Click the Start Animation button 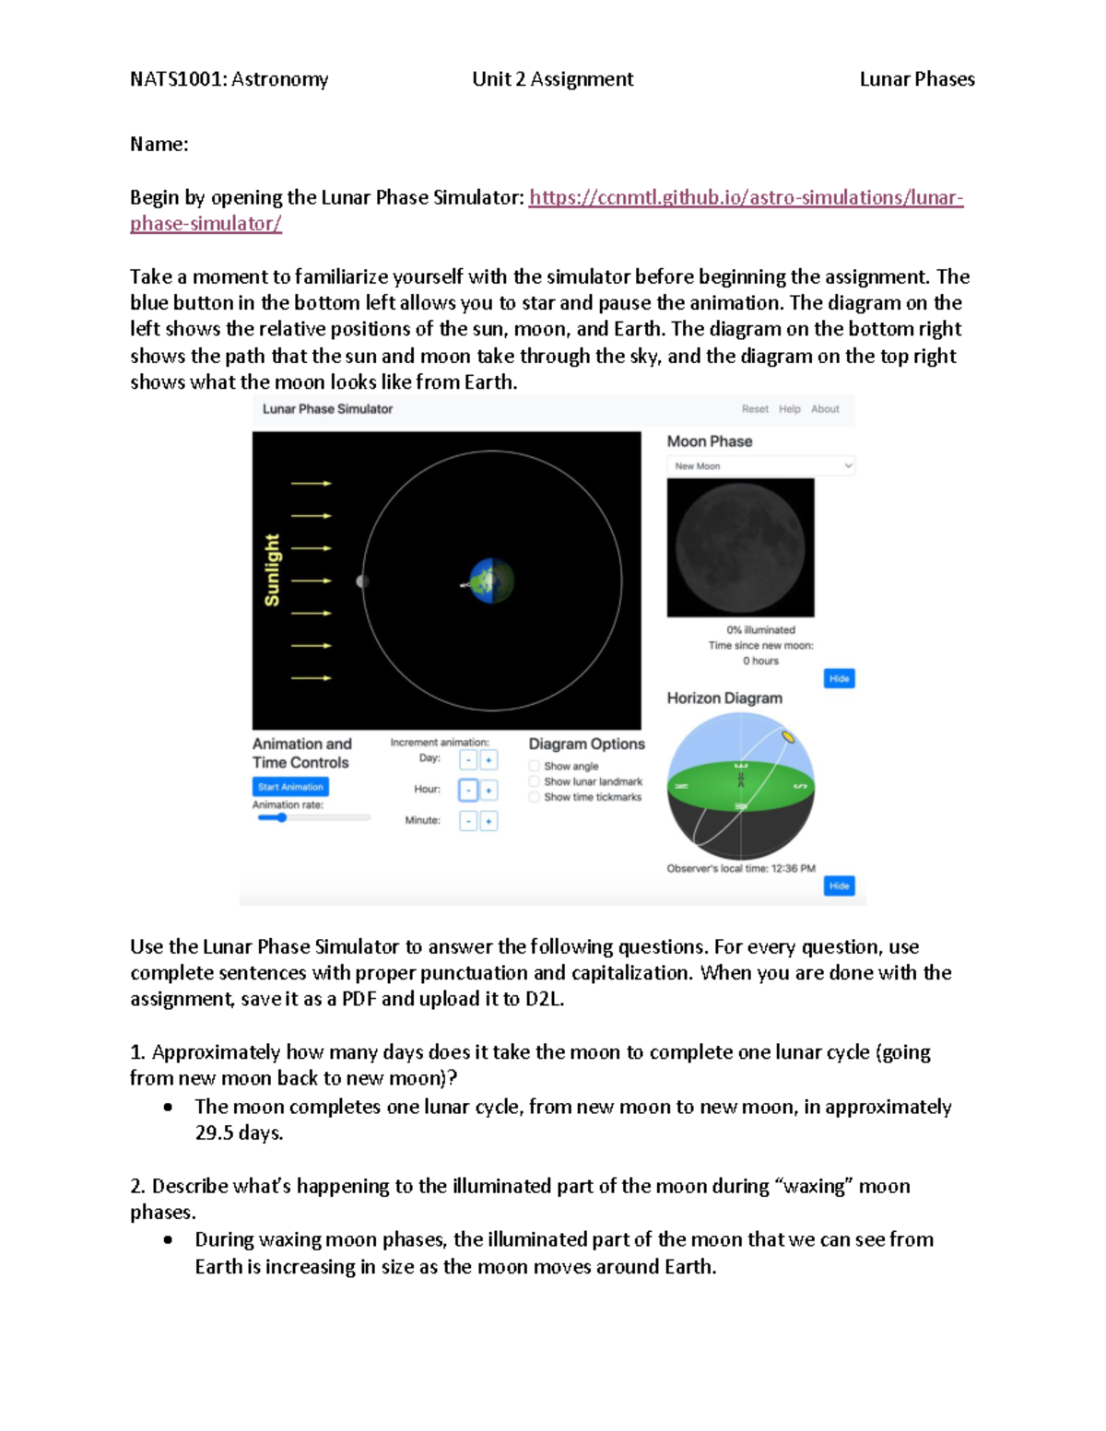[290, 787]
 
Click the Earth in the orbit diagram [491, 581]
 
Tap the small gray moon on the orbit [362, 581]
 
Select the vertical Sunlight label [272, 570]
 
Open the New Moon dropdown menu [760, 466]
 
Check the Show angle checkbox [535, 766]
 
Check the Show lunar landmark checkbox [535, 781]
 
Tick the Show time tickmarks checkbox [535, 797]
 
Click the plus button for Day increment [489, 759]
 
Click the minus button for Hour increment [468, 790]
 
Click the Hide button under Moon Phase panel [839, 679]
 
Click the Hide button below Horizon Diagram [839, 886]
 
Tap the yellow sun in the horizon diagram [788, 736]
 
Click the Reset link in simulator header [755, 409]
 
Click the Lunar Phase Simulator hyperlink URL [745, 197]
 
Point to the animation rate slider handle [282, 817]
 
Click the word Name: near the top [159, 145]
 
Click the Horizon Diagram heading [724, 698]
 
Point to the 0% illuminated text [760, 630]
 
